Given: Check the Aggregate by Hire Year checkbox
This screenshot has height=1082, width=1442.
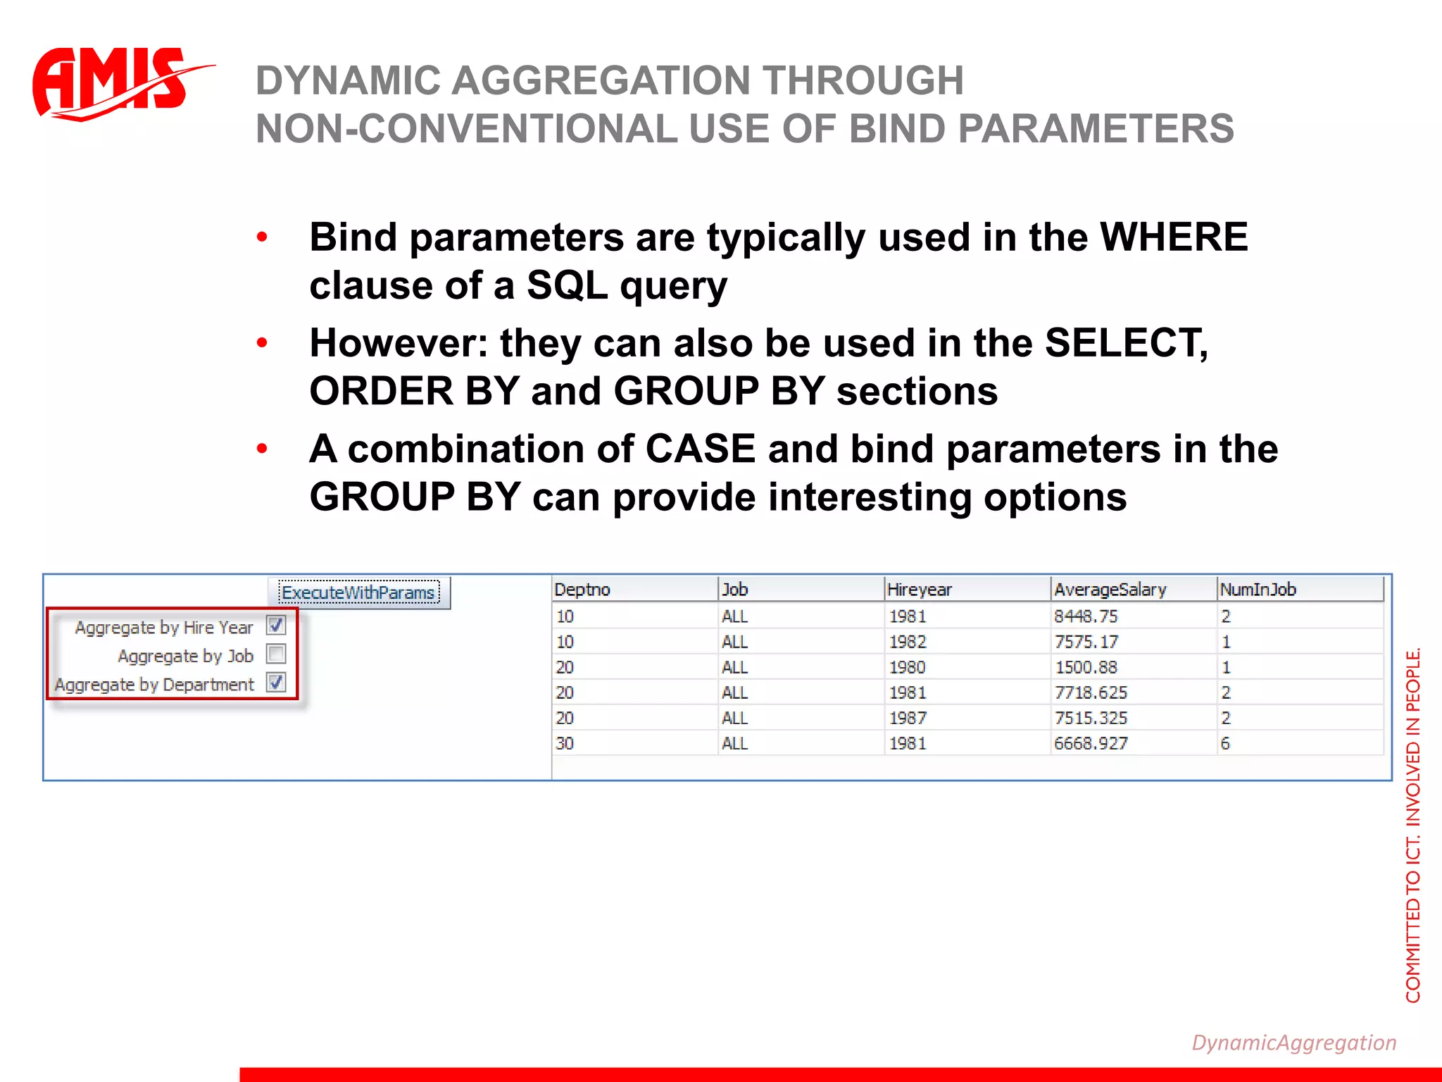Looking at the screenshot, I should [276, 626].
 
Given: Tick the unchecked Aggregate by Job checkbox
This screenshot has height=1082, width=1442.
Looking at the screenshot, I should [276, 654].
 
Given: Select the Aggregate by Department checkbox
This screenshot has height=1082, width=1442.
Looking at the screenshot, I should [276, 683].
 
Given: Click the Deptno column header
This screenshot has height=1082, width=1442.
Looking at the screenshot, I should [582, 590].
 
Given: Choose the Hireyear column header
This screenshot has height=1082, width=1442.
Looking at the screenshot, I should [919, 590].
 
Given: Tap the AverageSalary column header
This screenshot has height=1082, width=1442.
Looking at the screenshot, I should [1110, 590].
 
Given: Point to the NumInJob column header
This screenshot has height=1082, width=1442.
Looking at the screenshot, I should [1258, 590].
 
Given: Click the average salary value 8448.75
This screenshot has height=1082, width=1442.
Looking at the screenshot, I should [1085, 616].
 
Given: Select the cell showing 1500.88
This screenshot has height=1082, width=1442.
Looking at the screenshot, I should [1085, 667].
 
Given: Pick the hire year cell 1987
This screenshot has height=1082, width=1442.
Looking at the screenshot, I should [908, 718].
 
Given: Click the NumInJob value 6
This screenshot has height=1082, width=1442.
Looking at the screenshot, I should [1225, 743].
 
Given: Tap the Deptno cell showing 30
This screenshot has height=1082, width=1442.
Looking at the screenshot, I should [565, 743].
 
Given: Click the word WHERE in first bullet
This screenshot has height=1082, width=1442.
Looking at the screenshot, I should [1174, 237].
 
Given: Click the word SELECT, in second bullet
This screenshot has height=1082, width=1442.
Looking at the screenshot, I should [1126, 343].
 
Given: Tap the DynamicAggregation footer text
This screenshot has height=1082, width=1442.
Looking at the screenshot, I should [1293, 1043].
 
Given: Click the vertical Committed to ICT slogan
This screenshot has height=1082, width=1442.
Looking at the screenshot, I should [1412, 824].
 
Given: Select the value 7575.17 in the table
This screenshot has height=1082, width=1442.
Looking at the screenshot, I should [1085, 642].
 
